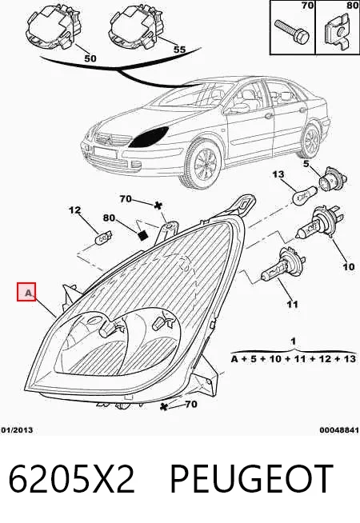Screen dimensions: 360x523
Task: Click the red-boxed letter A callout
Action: coord(26,292)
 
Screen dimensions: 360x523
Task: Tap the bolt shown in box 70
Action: coord(292,31)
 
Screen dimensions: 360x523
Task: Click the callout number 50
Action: coord(90,58)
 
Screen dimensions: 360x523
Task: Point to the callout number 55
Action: coord(179,50)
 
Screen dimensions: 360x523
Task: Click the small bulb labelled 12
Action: coord(103,238)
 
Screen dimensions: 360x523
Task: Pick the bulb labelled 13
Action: coord(303,195)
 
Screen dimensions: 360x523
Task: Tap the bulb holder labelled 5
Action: coord(333,181)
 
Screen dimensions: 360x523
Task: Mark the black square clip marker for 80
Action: coord(142,234)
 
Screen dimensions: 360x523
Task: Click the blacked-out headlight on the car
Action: coord(149,137)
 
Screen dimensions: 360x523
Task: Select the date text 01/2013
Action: coord(17,430)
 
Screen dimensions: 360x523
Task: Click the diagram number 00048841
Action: coord(339,430)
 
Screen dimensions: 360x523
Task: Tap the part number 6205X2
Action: coord(71,479)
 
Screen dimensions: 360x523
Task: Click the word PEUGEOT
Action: coord(251,479)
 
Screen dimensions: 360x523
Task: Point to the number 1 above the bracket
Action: coord(293,341)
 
